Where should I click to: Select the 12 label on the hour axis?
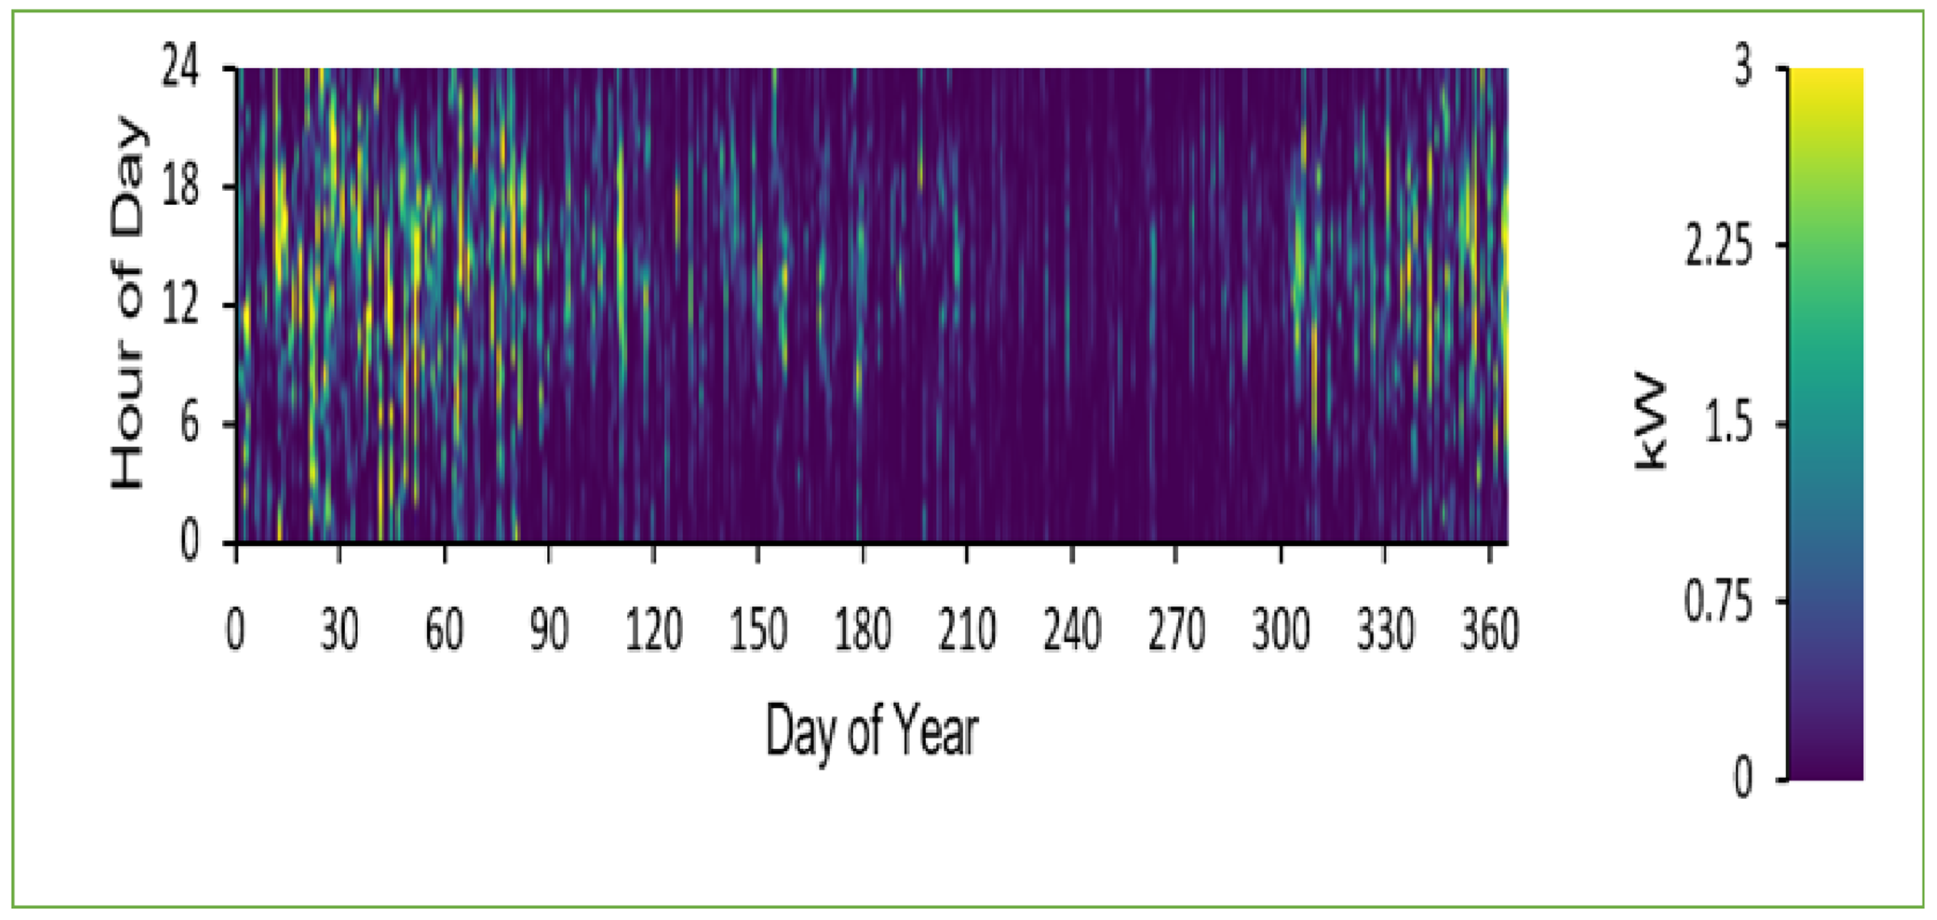181,305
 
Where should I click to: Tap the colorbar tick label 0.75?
1718,601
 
